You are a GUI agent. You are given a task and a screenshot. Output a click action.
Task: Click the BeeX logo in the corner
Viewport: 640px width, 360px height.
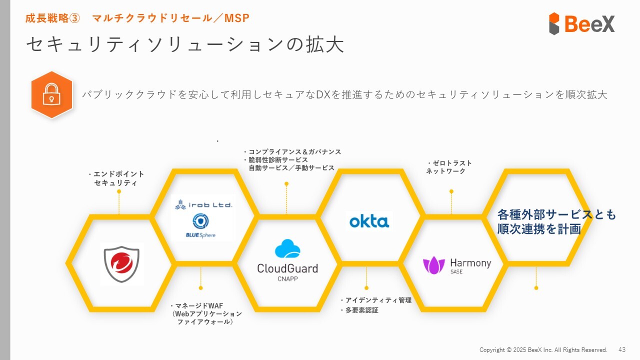click(x=581, y=23)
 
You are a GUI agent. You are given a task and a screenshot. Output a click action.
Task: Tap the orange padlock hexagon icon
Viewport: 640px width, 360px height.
click(x=51, y=95)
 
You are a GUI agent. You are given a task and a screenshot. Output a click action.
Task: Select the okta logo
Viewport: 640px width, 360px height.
click(x=369, y=221)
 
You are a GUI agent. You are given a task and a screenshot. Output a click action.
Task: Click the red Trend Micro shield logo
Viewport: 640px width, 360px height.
click(x=121, y=264)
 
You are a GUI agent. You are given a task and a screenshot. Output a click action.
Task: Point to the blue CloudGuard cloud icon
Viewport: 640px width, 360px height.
click(x=287, y=248)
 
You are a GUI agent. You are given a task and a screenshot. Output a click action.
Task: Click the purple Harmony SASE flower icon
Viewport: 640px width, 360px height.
click(x=433, y=265)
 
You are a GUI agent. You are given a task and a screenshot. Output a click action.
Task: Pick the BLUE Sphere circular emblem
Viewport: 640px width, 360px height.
click(x=200, y=221)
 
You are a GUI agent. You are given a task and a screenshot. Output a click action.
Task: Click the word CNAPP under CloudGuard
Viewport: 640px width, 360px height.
click(x=287, y=278)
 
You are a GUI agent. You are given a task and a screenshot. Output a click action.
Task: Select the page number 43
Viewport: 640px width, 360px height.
click(x=622, y=349)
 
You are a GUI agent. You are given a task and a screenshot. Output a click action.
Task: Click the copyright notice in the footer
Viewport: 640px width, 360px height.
click(x=543, y=349)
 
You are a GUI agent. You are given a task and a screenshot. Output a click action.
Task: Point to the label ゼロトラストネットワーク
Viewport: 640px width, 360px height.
click(x=448, y=167)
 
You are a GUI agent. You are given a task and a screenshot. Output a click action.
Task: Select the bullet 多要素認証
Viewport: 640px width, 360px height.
click(x=359, y=310)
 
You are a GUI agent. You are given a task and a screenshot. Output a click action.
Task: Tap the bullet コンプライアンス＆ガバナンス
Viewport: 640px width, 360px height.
click(x=292, y=151)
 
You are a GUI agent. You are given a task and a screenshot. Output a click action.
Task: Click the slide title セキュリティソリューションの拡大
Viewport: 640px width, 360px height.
click(x=185, y=44)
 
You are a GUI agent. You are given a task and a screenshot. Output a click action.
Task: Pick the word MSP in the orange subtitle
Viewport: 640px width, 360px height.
click(x=237, y=18)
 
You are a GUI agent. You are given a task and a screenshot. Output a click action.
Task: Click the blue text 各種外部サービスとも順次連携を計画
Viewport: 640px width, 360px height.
click(x=556, y=221)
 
